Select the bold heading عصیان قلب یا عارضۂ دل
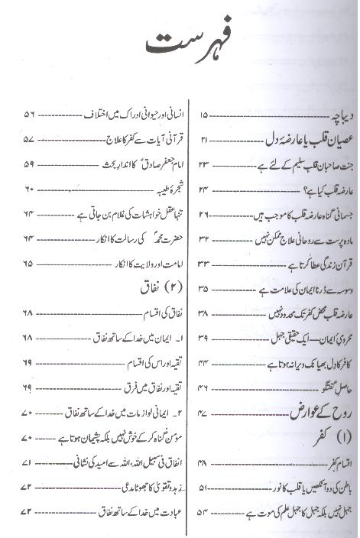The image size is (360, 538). [x=292, y=140]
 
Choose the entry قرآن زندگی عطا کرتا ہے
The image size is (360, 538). [x=306, y=264]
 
